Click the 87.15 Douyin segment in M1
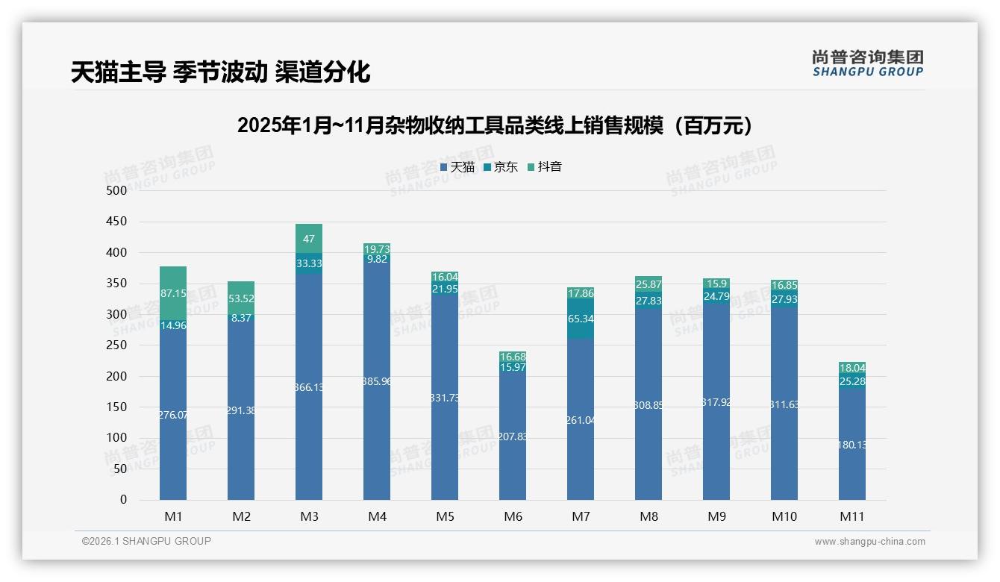pos(173,293)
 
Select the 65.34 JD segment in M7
pos(581,319)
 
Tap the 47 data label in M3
pos(309,239)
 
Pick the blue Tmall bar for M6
pos(513,436)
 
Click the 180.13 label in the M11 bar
pos(852,445)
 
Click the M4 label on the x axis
pos(377,516)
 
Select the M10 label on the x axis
pos(784,516)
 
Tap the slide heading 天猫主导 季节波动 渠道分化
pos(220,72)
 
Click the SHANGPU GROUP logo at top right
pos(867,63)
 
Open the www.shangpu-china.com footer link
pos(869,542)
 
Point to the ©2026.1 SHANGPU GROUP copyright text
pos(146,541)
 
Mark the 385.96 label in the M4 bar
pos(377,381)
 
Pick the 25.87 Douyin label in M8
pos(649,284)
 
